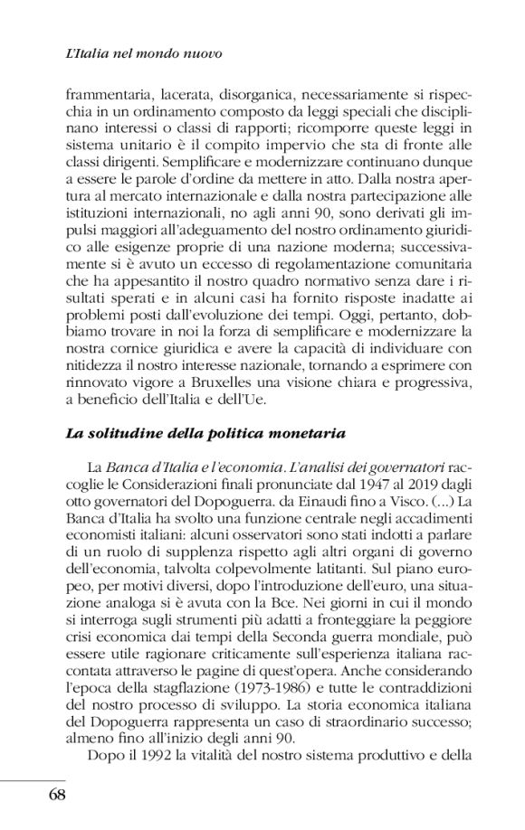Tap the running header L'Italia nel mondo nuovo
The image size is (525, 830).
pyautogui.click(x=144, y=53)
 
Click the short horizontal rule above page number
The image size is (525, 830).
pyautogui.click(x=33, y=777)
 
